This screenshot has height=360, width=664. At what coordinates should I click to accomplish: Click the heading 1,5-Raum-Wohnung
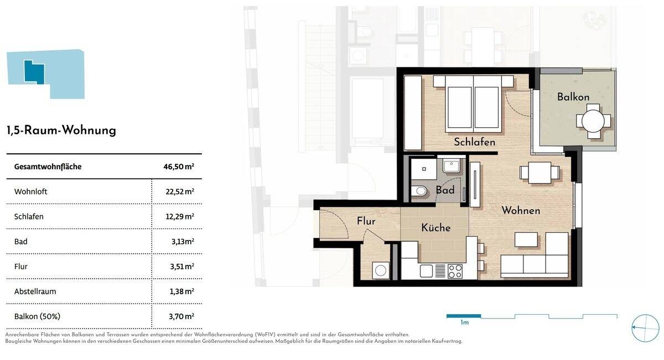coord(61,131)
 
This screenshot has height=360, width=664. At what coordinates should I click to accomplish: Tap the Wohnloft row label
coord(30,192)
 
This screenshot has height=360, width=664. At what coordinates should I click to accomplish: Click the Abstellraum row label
coord(35,291)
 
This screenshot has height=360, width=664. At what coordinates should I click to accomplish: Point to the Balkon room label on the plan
coord(573,97)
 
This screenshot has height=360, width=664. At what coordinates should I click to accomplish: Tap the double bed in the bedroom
coord(473,105)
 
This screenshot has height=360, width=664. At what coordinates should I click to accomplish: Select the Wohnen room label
coord(521,211)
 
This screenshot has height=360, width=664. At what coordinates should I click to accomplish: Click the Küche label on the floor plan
coord(435,228)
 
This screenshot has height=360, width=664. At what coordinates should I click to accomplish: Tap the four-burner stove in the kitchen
coord(455,271)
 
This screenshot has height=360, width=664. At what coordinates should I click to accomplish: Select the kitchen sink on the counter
coord(426,271)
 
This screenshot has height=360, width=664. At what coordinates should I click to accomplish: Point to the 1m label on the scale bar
coord(464,322)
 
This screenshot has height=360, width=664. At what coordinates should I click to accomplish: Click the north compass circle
coord(645,328)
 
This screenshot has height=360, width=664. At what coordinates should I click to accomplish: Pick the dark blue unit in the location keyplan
coord(34,71)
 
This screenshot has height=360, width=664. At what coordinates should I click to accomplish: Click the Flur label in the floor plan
coord(366,221)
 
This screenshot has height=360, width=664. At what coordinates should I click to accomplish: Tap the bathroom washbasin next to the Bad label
coord(452,165)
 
